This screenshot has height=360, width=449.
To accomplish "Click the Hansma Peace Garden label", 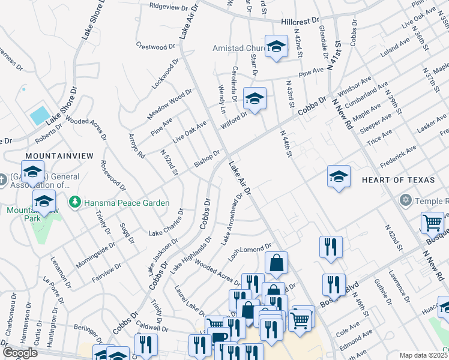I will point(127,203).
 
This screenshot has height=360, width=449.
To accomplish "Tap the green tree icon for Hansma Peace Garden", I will point(75,203).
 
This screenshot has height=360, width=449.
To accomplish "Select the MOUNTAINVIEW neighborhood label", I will point(59,155).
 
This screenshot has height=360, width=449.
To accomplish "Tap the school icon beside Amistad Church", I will point(276,46).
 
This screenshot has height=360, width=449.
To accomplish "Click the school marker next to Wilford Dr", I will point(255,100).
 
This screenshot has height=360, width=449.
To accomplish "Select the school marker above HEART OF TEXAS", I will point(339,176).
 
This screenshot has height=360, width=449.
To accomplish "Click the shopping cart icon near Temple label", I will point(432,223).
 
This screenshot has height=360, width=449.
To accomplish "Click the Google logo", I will point(19,353).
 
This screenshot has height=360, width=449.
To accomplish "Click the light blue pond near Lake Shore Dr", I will point(40,115).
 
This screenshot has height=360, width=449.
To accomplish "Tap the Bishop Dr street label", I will point(207,158).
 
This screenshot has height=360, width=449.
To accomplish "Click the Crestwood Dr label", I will point(155,46).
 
